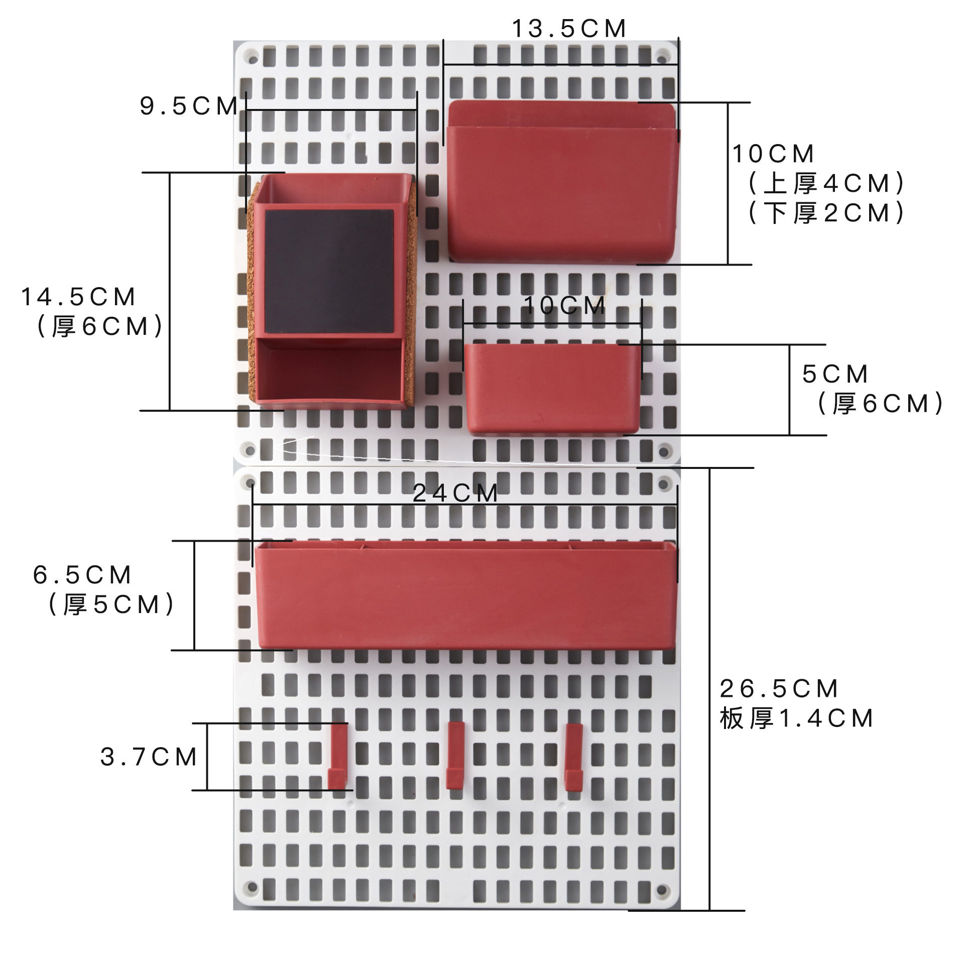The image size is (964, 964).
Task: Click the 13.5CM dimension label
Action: pyautogui.click(x=569, y=29)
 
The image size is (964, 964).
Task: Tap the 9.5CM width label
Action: pyautogui.click(x=189, y=106)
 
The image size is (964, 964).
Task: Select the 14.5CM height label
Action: pyautogui.click(x=78, y=297)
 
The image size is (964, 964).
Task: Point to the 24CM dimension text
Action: pyautogui.click(x=455, y=494)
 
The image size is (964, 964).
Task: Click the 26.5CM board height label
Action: pyautogui.click(x=779, y=688)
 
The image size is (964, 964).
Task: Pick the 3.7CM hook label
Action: pyautogui.click(x=149, y=757)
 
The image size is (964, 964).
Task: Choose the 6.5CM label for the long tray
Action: pyautogui.click(x=82, y=575)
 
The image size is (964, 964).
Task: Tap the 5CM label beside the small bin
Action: pyautogui.click(x=835, y=374)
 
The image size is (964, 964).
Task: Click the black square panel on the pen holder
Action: pyautogui.click(x=329, y=271)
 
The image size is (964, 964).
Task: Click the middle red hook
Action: pyautogui.click(x=455, y=755)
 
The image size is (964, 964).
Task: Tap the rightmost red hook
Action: pyautogui.click(x=573, y=757)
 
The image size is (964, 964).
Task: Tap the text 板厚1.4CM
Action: pyautogui.click(x=796, y=719)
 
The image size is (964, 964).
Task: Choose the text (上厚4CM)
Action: pyautogui.click(x=826, y=184)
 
